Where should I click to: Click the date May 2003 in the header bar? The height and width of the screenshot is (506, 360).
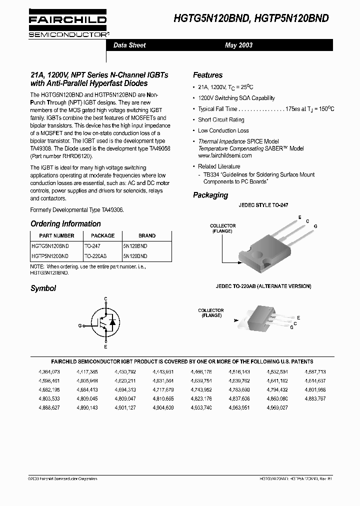click(238, 45)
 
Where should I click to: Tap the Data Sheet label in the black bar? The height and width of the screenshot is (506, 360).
click(129, 45)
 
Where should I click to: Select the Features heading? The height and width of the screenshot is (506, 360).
click(207, 75)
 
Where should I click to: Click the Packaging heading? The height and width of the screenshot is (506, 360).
click(210, 195)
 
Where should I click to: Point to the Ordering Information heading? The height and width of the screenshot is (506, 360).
click(65, 224)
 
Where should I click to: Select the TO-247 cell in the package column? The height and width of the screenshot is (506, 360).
click(92, 246)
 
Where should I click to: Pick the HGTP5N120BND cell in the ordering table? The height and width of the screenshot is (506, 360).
click(50, 255)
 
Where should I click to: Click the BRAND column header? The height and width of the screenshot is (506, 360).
click(146, 235)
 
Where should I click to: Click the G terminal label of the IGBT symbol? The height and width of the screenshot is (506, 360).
click(80, 325)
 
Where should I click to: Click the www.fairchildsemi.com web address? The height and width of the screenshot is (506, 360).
click(224, 155)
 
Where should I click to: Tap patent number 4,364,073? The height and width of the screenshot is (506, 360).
click(49, 372)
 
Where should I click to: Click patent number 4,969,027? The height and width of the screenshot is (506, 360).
click(277, 408)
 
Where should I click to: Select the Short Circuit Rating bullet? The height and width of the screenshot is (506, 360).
click(221, 120)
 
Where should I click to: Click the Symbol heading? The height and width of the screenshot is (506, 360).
click(43, 288)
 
